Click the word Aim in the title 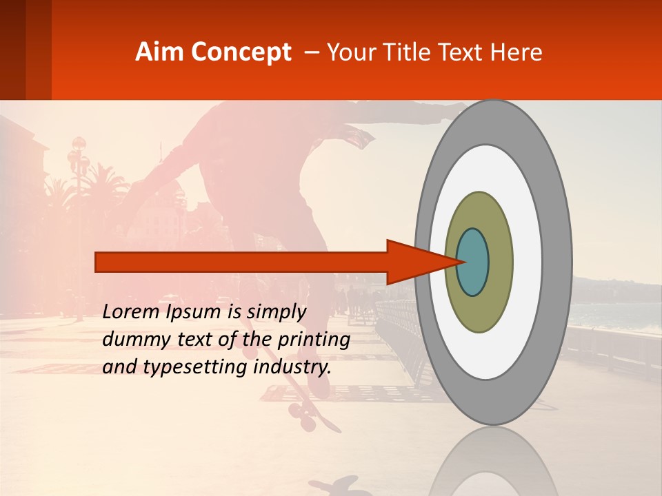pos(160,52)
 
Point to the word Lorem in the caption pos(132,312)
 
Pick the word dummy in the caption pos(130,340)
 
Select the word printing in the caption pos(313,340)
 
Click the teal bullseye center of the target pos(473,262)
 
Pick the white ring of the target pos(528,262)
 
